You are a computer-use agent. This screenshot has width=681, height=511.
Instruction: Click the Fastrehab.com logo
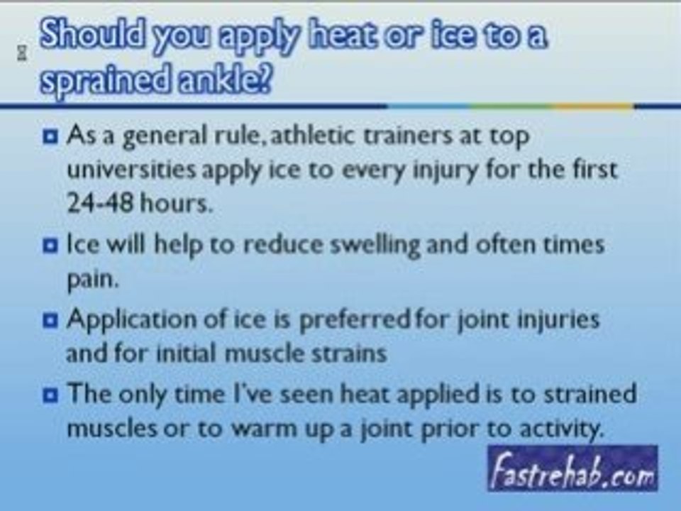572,469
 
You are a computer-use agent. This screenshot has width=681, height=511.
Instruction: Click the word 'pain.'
90,280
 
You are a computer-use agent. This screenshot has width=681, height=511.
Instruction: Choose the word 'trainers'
406,135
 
